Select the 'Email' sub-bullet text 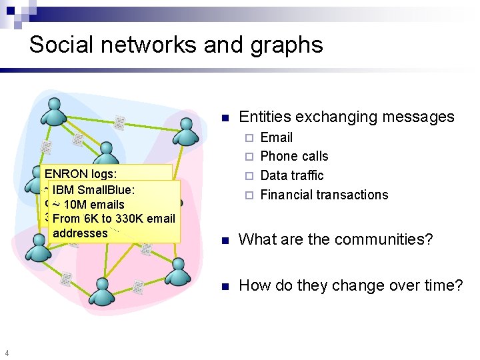point(276,137)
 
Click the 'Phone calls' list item point(294,156)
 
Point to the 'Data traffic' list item point(291,175)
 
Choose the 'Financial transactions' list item point(323,195)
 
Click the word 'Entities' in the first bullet point(265,117)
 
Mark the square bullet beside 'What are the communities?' point(225,240)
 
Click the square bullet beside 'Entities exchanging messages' point(225,118)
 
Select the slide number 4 point(6,353)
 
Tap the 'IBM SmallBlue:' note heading point(93,189)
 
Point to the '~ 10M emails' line point(88,204)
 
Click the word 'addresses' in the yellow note point(79,233)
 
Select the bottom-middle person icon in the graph point(101,291)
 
